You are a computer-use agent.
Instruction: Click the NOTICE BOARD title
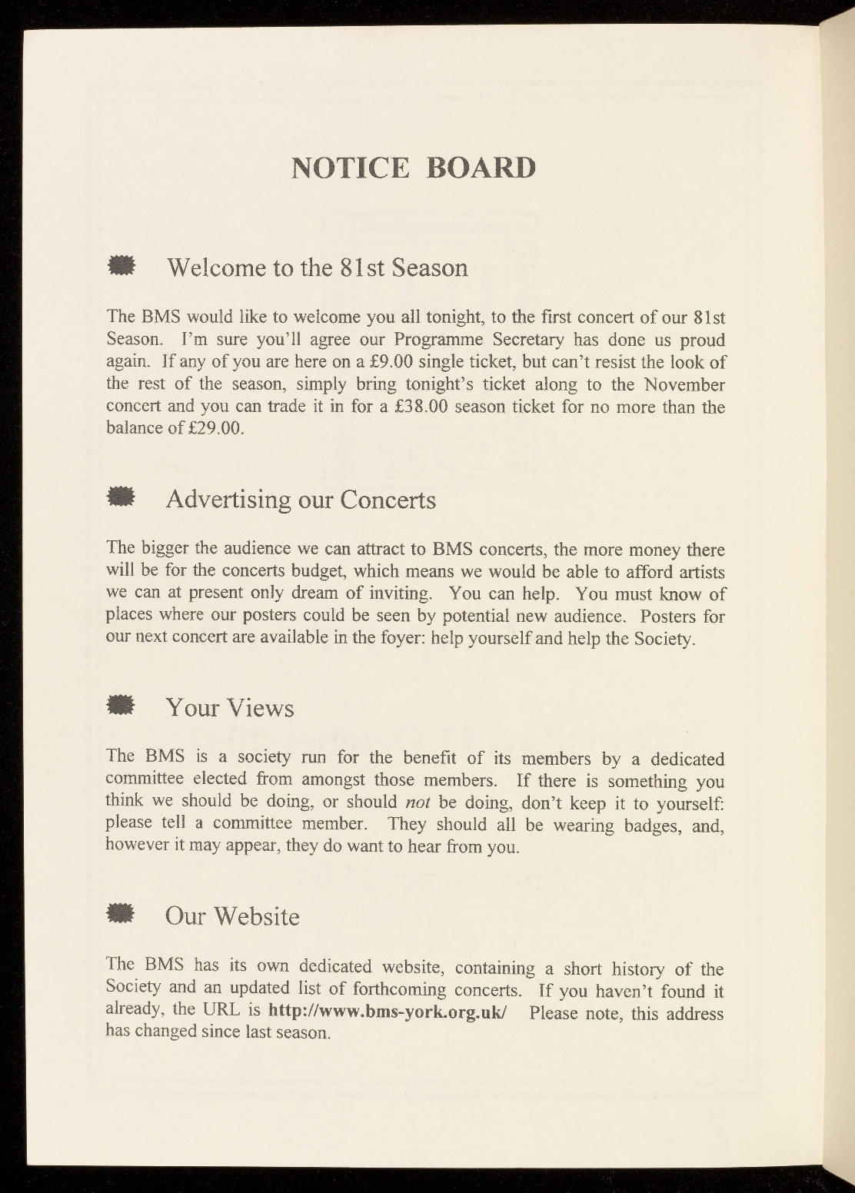[x=413, y=168]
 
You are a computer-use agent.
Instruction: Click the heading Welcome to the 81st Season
[x=317, y=268]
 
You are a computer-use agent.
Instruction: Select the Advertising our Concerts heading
[x=301, y=500]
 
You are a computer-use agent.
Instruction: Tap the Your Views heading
[x=230, y=707]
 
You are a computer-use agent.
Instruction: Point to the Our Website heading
[x=232, y=916]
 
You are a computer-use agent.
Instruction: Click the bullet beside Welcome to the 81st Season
[x=121, y=266]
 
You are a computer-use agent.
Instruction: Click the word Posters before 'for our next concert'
[x=670, y=616]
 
